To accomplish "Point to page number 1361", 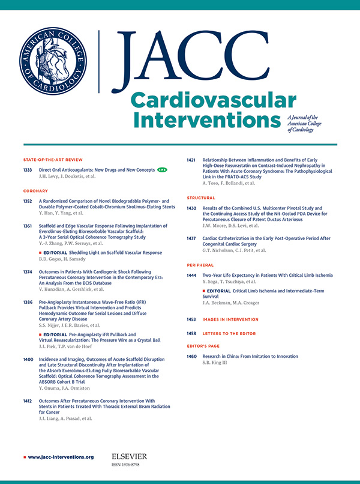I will pos(28,226).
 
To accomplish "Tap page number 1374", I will pos(28,272).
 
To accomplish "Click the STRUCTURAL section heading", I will pos(201,198).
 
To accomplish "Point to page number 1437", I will pos(192,238).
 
